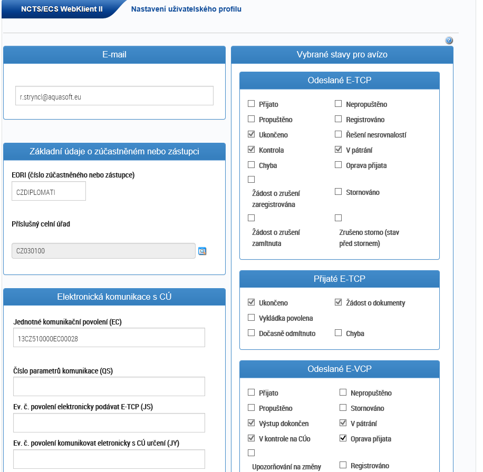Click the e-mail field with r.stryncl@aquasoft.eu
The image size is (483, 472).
point(114,96)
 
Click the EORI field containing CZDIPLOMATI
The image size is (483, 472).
point(49,192)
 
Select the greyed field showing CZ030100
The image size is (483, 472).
point(103,251)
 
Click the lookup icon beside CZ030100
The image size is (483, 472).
point(202,251)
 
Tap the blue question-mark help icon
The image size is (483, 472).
point(449,41)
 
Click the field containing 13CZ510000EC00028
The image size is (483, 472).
point(109,338)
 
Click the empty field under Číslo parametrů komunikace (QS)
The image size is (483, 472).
point(109,387)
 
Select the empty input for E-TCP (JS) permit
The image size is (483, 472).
point(109,422)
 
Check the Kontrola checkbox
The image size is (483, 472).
point(252,150)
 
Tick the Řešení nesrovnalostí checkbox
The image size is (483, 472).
point(339,135)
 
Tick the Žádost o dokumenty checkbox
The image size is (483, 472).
point(339,303)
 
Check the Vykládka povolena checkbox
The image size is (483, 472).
point(252,318)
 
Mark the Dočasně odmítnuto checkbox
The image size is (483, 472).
point(252,333)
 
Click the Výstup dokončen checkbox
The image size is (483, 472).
point(252,424)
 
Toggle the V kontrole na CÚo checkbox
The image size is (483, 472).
point(252,439)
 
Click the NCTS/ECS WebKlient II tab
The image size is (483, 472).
point(62,9)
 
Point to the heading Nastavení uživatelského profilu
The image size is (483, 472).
point(186,9)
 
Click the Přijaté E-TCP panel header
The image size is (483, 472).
point(339,279)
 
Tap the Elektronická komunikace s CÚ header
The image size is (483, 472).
point(114,297)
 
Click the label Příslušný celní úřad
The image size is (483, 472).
point(41,224)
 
